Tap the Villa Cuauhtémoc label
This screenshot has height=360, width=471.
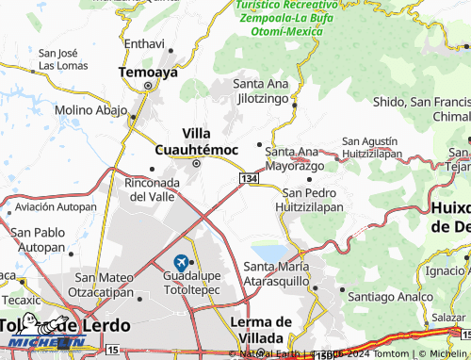(195, 140)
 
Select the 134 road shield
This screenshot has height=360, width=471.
(250, 179)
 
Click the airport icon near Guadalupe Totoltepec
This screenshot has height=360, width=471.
(181, 260)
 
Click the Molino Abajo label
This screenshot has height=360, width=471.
(90, 111)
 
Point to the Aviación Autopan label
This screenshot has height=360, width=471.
(49, 205)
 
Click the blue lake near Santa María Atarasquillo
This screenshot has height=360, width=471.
(268, 253)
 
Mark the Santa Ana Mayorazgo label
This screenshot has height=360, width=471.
(295, 158)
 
